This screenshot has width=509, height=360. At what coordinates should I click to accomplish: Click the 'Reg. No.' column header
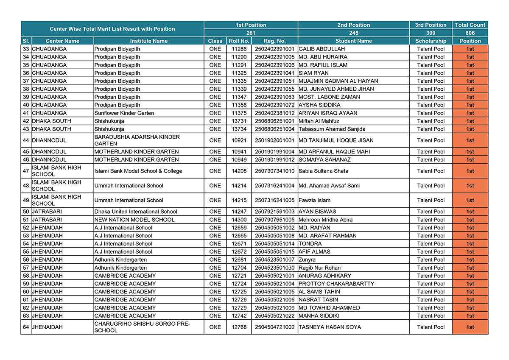pyautogui.click(x=274, y=41)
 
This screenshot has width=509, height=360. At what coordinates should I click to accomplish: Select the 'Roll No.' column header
pyautogui.click(x=239, y=41)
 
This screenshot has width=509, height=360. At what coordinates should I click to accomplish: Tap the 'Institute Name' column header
pyautogui.click(x=148, y=41)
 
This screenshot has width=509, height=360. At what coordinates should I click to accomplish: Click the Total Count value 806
pyautogui.click(x=470, y=33)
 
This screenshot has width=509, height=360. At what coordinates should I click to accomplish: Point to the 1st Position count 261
pyautogui.click(x=251, y=33)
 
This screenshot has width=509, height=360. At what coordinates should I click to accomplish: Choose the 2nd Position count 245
pyautogui.click(x=353, y=33)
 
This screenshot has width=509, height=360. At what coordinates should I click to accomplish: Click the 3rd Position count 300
pyautogui.click(x=431, y=33)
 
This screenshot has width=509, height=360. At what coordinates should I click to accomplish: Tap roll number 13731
pyautogui.click(x=239, y=121)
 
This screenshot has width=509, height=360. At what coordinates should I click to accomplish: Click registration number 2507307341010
pyautogui.click(x=274, y=171)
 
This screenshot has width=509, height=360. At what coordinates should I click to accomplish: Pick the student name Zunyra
pyautogui.click(x=307, y=260)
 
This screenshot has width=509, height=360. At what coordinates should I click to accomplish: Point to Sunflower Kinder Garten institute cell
pyautogui.click(x=124, y=113)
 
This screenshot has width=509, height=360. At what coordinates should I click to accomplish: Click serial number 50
pyautogui.click(x=26, y=212)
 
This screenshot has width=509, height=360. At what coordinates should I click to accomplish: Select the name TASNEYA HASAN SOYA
pyautogui.click(x=330, y=327)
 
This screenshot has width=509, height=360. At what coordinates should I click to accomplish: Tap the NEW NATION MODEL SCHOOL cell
pyautogui.click(x=134, y=220)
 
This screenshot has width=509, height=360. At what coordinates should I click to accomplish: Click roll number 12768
pyautogui.click(x=239, y=327)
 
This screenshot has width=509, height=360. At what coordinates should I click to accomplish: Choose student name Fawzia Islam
pyautogui.click(x=314, y=201)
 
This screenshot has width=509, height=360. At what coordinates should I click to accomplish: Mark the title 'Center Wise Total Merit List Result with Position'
pyautogui.click(x=112, y=29)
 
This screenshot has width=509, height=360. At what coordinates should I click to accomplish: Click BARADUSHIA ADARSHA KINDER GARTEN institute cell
pyautogui.click(x=137, y=140)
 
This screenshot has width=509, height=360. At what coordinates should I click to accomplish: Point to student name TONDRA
pyautogui.click(x=310, y=244)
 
